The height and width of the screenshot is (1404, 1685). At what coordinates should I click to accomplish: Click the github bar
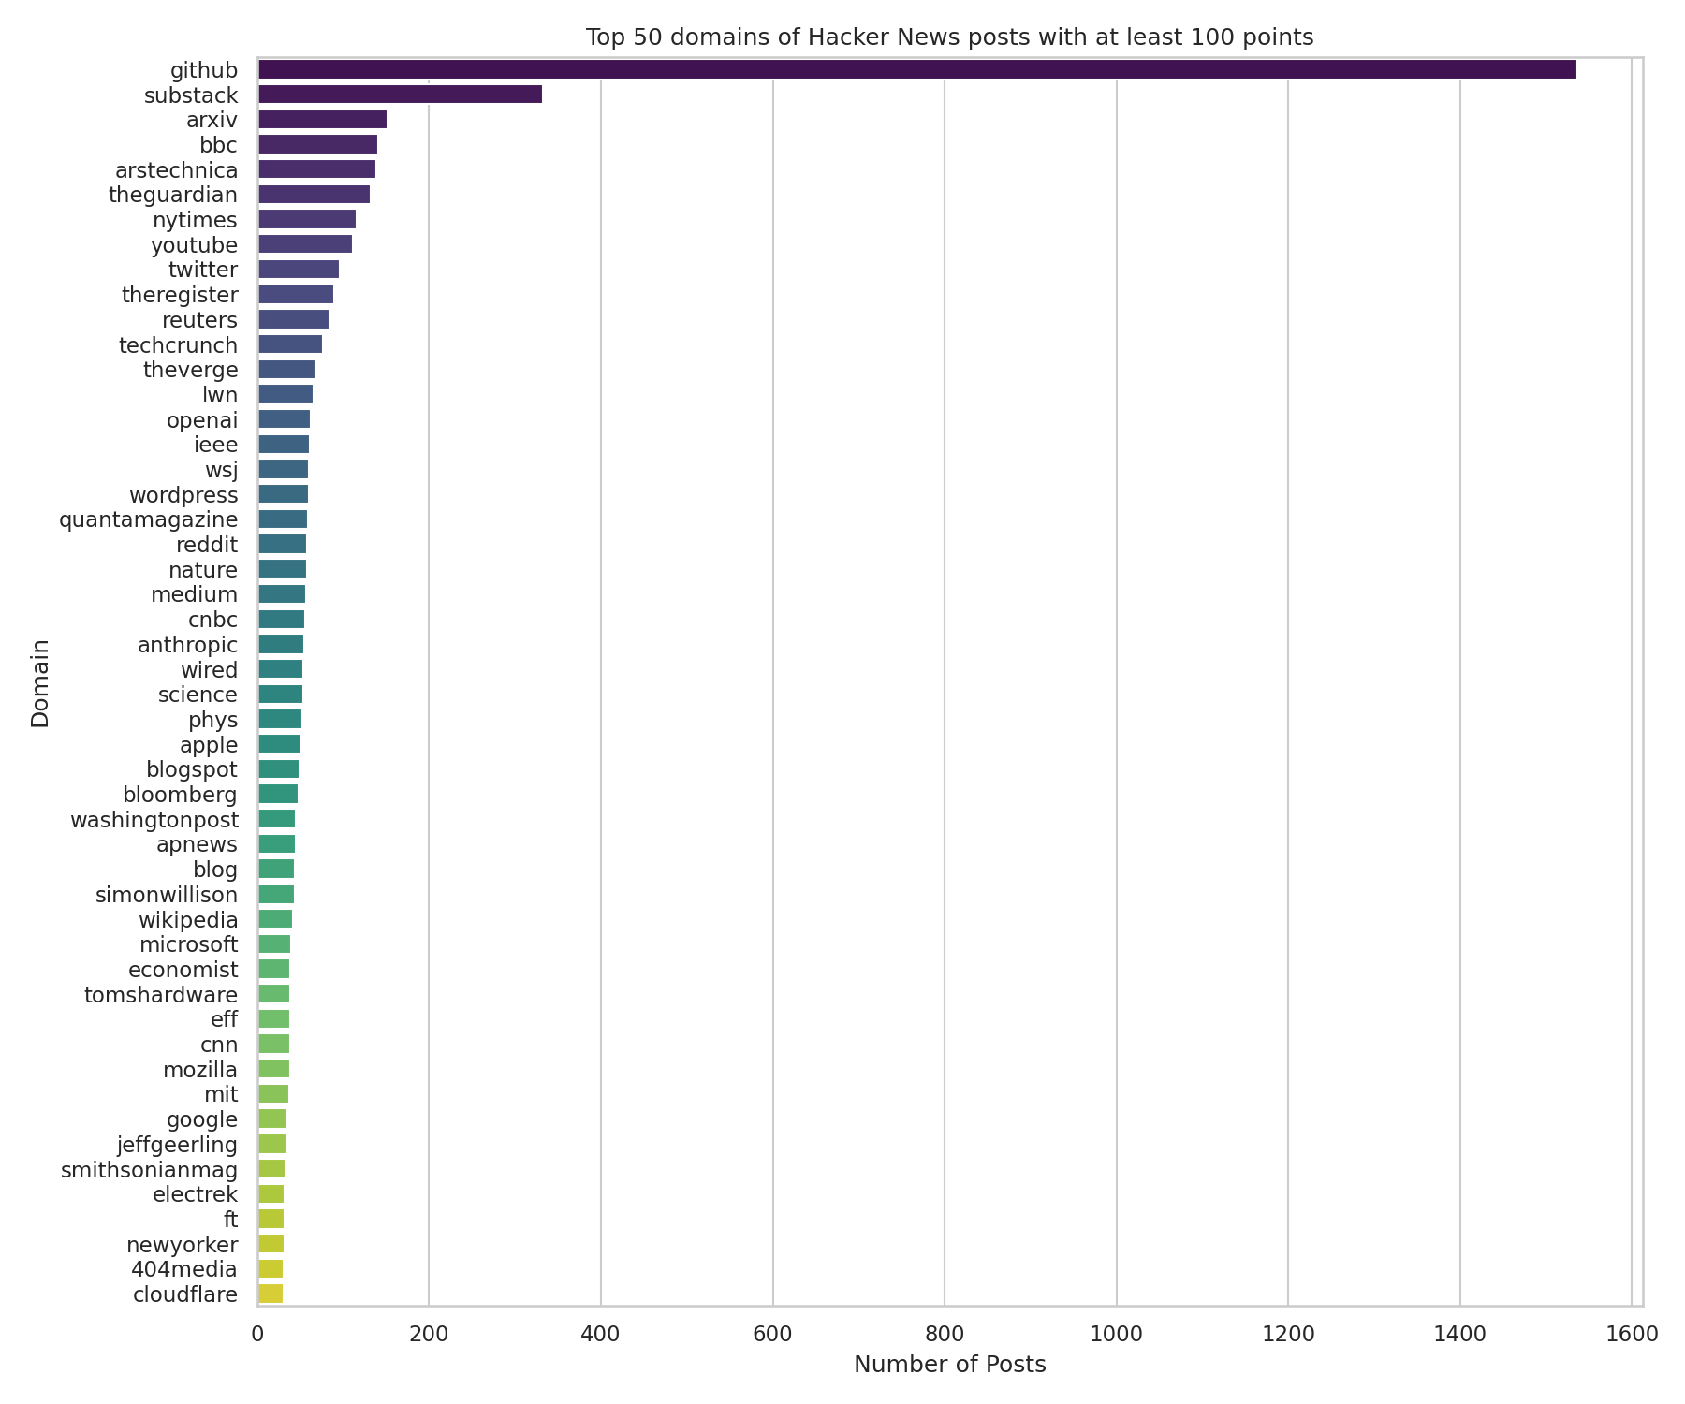click(x=916, y=69)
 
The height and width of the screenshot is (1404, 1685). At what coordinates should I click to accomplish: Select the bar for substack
click(x=400, y=95)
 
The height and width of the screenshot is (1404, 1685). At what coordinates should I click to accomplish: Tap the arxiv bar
click(x=322, y=120)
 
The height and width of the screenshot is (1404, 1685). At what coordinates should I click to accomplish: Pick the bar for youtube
click(x=304, y=244)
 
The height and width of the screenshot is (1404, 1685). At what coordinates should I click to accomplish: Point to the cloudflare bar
click(x=270, y=1294)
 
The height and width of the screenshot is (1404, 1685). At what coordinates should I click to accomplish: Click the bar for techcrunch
click(x=289, y=344)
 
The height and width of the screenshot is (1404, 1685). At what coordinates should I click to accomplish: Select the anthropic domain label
click(x=187, y=645)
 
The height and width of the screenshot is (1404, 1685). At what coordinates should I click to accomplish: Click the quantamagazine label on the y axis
click(x=148, y=519)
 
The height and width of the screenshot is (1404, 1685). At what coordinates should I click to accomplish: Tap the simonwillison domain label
click(x=167, y=895)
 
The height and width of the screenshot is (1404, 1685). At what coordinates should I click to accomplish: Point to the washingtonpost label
click(x=154, y=820)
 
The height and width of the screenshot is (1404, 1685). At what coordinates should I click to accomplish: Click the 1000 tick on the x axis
click(x=1116, y=1333)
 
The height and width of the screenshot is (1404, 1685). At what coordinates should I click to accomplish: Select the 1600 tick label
click(x=1632, y=1333)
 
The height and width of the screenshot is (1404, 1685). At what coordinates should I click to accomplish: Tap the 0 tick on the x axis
click(x=257, y=1333)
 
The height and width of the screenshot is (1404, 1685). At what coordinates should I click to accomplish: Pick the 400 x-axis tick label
click(x=601, y=1333)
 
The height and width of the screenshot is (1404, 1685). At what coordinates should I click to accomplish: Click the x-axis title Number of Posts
click(x=949, y=1365)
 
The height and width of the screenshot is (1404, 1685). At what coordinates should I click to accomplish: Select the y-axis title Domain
click(x=40, y=682)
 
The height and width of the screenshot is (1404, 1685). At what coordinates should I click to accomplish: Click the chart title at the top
click(x=949, y=37)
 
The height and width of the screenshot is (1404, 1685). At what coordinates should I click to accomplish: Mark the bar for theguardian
click(x=314, y=195)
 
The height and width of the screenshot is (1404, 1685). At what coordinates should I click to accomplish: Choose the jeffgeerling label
click(x=177, y=1145)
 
